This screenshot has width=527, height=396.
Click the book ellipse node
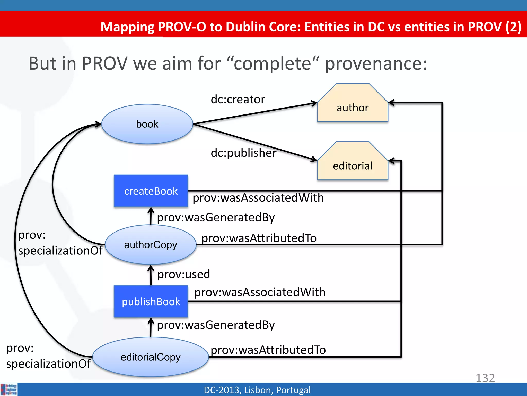pos(147,124)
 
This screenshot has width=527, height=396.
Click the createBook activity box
pos(151,191)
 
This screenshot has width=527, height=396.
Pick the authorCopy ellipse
pos(151,245)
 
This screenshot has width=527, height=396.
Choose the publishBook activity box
pos(151,301)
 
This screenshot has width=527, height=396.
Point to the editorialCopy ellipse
pos(151,357)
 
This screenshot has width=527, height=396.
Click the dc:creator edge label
pos(238,100)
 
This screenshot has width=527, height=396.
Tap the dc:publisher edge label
pos(243,153)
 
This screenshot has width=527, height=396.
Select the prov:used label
pos(184,274)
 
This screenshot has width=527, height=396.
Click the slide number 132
pos(485,378)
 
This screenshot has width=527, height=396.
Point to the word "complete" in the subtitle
pos(273,64)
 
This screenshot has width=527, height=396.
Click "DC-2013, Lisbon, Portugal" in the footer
pos(257,390)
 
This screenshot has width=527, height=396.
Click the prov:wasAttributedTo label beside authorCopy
pos(259,238)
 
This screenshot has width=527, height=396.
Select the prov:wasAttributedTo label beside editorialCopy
pos(268,350)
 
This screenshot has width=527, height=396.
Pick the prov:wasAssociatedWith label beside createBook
pos(258,198)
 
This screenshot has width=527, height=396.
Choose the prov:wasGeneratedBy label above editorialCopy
pos(216,325)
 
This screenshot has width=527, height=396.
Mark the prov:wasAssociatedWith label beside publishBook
pos(260,292)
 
